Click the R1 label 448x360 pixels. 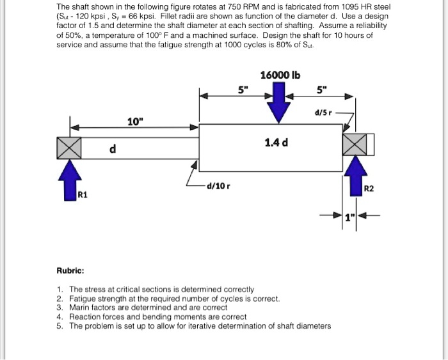(83, 194)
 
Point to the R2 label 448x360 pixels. (368, 189)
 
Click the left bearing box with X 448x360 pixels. (70, 147)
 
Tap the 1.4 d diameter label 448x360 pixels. (276, 142)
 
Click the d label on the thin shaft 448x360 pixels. (113, 149)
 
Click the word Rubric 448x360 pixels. (70, 270)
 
